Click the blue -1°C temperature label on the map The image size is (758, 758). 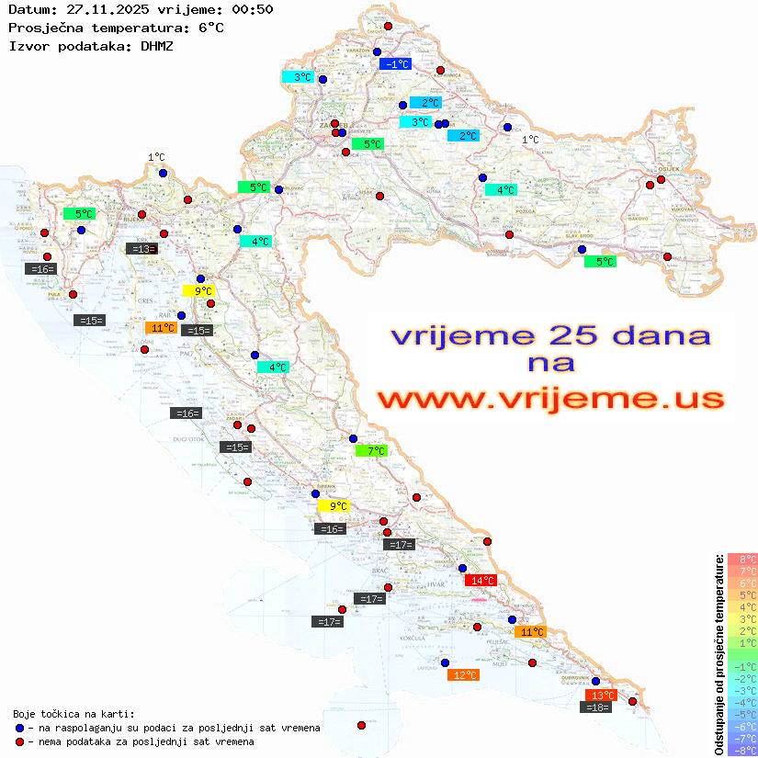pyautogui.click(x=396, y=64)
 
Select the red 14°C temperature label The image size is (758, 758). pyautogui.click(x=481, y=581)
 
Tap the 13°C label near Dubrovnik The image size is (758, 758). pyautogui.click(x=601, y=696)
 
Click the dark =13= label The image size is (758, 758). pyautogui.click(x=141, y=248)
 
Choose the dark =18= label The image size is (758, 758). pyautogui.click(x=597, y=707)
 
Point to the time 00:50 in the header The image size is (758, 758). pyautogui.click(x=252, y=9)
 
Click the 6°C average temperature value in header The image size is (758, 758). pyautogui.click(x=208, y=28)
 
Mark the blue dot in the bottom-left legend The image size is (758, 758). pyautogui.click(x=18, y=728)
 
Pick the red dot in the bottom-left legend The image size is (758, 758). pyautogui.click(x=18, y=741)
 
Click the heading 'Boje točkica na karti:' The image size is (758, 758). pyautogui.click(x=73, y=714)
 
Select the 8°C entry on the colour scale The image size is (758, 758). pyautogui.click(x=742, y=560)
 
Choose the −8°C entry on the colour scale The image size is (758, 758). pyautogui.click(x=742, y=750)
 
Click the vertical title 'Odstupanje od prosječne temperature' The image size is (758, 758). pyautogui.click(x=718, y=654)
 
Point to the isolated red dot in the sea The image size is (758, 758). pyautogui.click(x=361, y=725)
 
